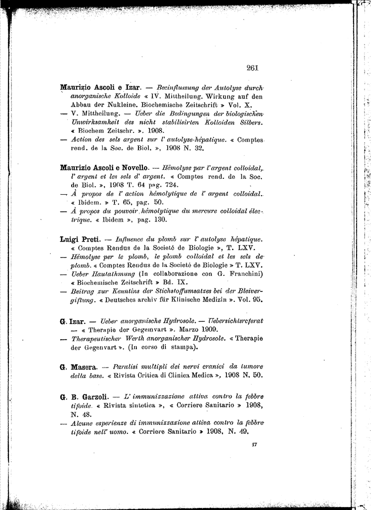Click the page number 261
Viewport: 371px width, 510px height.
pyautogui.click(x=252, y=68)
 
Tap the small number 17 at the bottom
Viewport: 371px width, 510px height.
pyautogui.click(x=254, y=444)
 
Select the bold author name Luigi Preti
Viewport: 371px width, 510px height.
pyautogui.click(x=80, y=240)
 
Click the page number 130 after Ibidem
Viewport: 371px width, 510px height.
pyautogui.click(x=161, y=219)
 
